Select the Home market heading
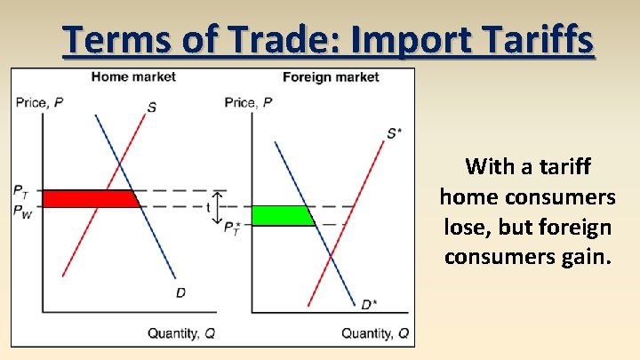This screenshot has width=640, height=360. [x=133, y=76]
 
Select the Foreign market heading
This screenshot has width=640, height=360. [x=331, y=76]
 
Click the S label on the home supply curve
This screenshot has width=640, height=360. [x=152, y=108]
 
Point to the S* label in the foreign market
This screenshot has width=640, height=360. [x=394, y=133]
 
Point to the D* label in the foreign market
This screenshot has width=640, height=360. [x=368, y=304]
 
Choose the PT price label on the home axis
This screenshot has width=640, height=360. [x=21, y=190]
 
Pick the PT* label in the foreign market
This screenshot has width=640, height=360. [x=232, y=229]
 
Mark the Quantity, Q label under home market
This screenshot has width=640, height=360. [x=180, y=333]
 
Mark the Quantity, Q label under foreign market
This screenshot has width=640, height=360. [x=375, y=333]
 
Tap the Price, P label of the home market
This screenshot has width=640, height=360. [x=39, y=102]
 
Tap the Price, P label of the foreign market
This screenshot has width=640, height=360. [x=249, y=102]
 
